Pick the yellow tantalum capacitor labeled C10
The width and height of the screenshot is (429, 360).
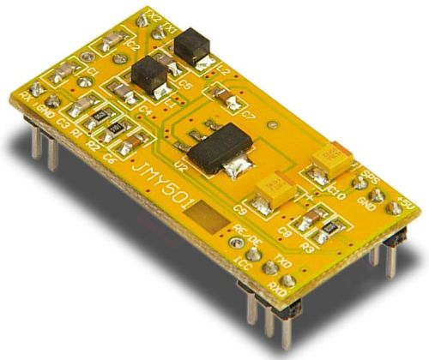(x=329, y=158)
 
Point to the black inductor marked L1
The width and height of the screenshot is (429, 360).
(x=149, y=73)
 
